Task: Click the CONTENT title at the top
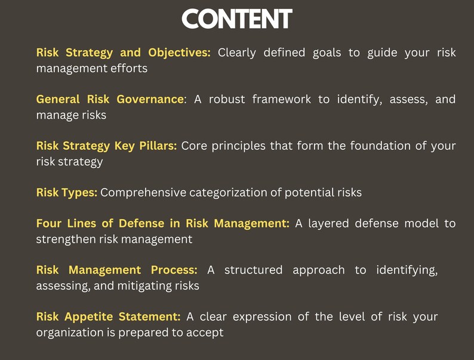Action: [237, 19]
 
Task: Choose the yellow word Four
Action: [49, 223]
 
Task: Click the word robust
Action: [227, 99]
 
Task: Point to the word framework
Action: [282, 99]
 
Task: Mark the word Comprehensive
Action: [143, 193]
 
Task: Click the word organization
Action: [69, 333]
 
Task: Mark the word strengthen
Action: [64, 239]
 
